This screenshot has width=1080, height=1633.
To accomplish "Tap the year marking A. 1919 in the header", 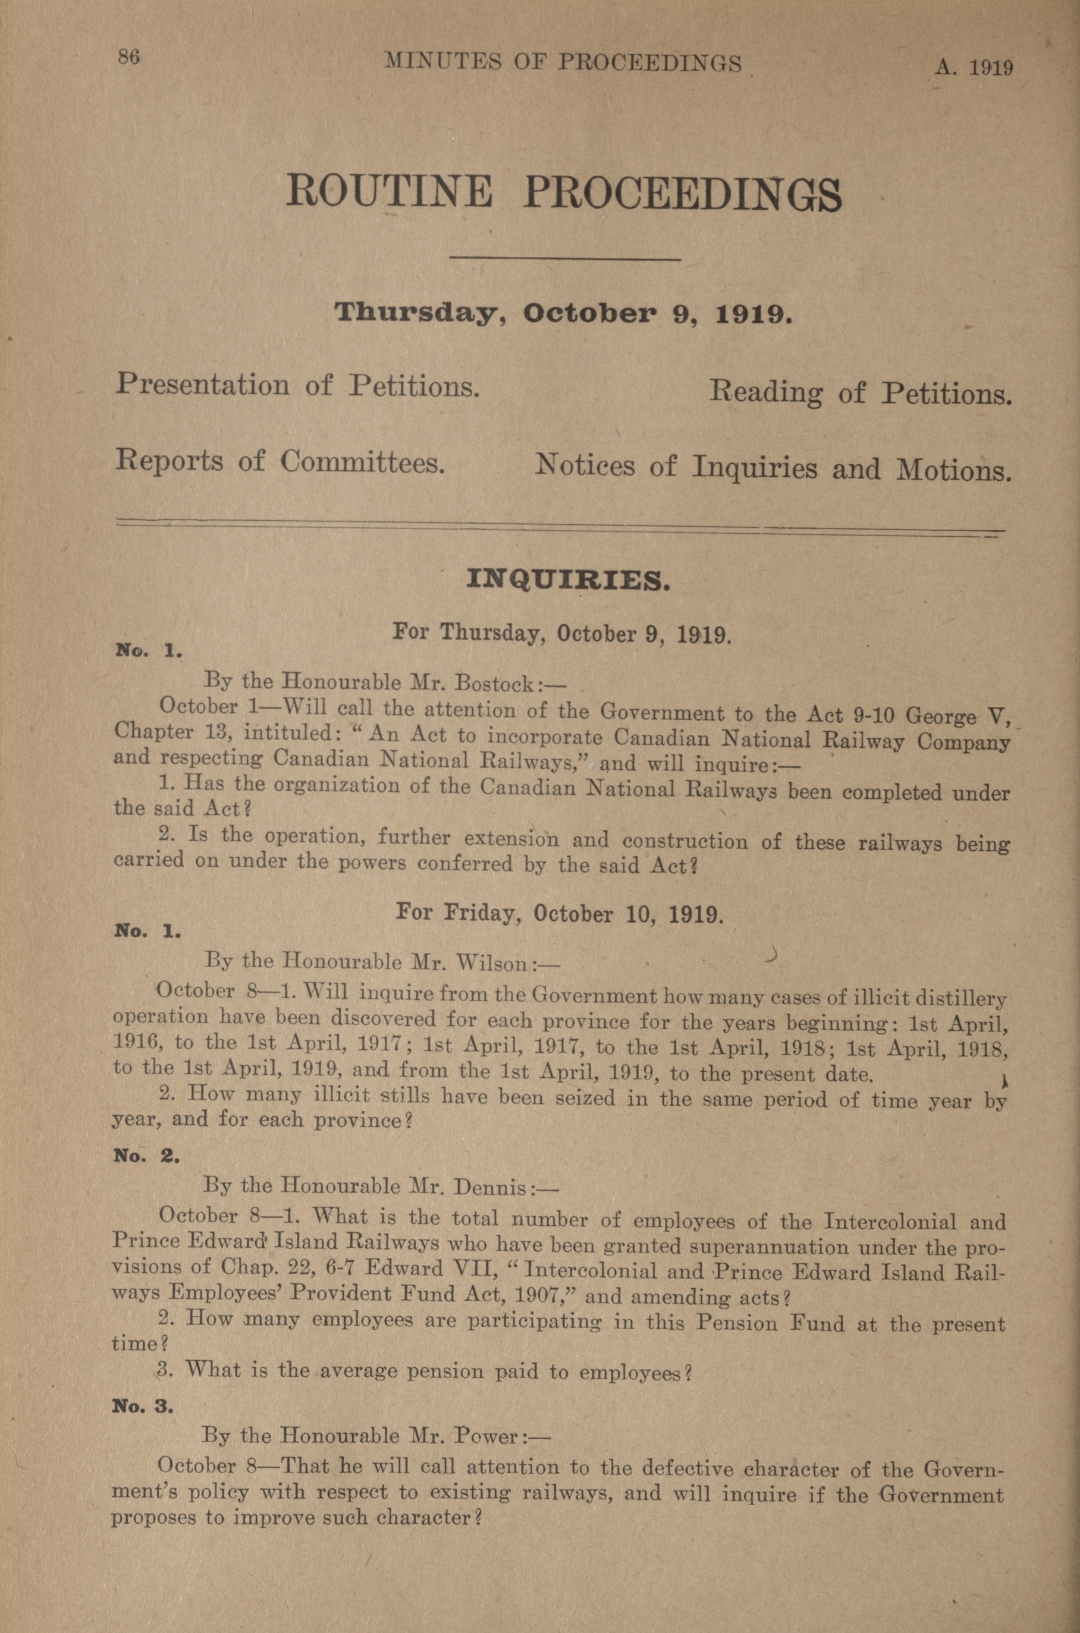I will [973, 67].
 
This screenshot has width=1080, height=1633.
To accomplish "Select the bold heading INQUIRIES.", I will [567, 581].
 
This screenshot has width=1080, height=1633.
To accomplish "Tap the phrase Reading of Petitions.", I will [861, 393].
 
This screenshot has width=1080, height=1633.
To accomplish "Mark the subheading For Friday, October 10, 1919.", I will [559, 914].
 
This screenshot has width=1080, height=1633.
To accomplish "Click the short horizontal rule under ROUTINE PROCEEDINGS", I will [565, 259].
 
